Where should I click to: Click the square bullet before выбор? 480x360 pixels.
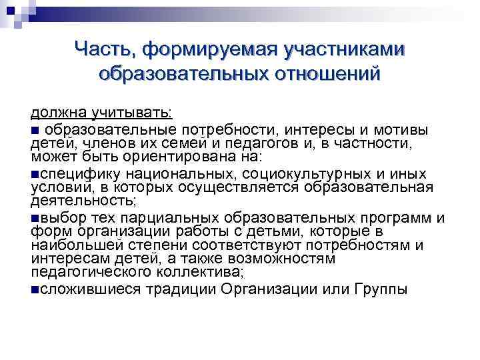(35, 217)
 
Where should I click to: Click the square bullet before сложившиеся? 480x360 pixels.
(35, 289)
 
